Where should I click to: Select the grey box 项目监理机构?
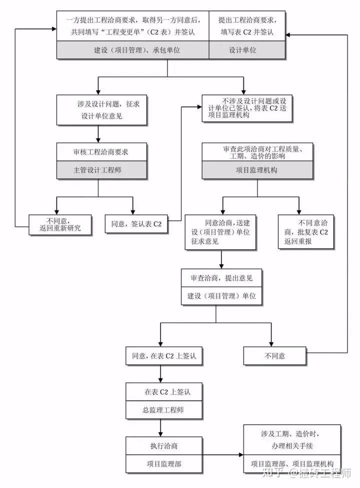[x=257, y=170]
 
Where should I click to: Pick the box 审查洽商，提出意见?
[x=221, y=278]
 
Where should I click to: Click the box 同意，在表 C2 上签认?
[x=160, y=356]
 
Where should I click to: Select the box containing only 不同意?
[x=274, y=356]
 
